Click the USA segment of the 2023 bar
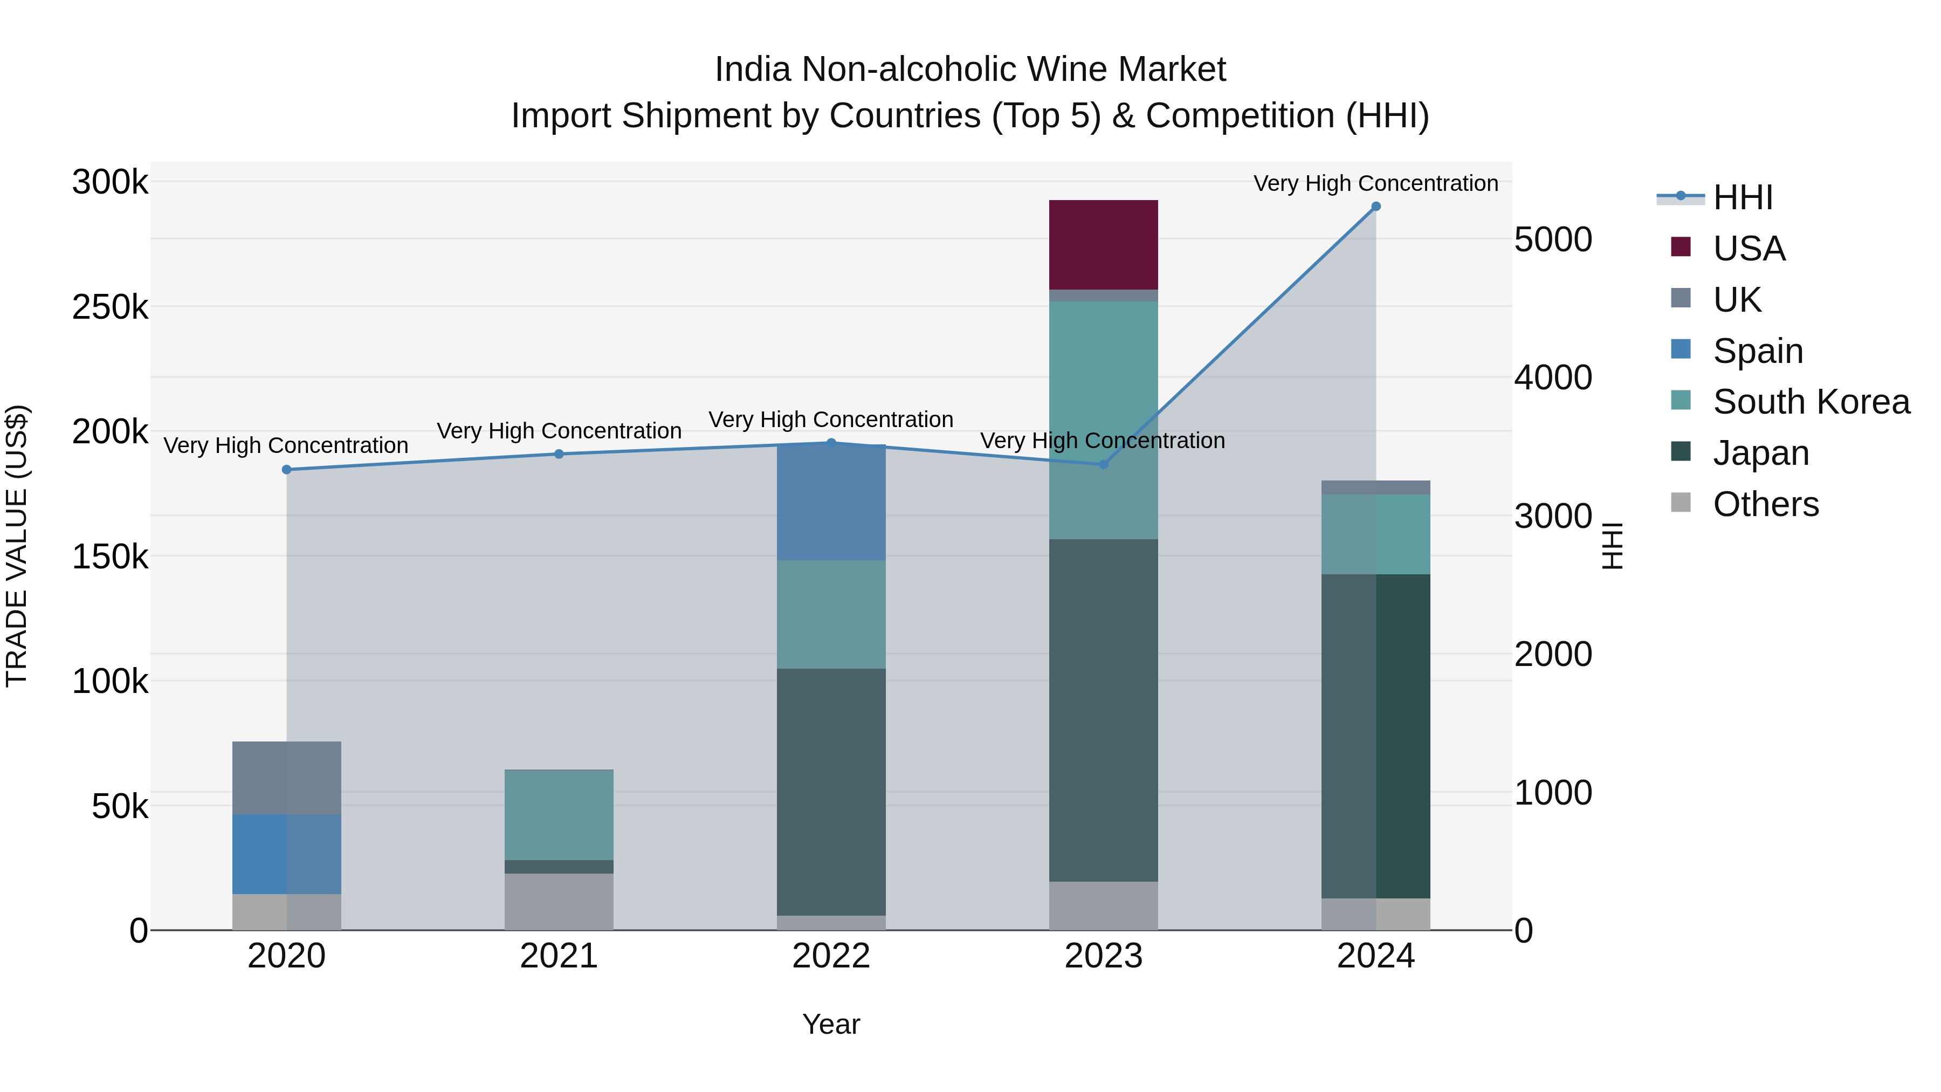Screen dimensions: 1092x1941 click(x=1103, y=245)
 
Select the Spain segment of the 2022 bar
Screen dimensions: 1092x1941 click(x=831, y=503)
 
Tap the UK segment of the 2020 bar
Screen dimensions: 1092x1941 click(x=286, y=778)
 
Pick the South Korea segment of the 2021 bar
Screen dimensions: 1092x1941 click(x=559, y=815)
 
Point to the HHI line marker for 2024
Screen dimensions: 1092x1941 click(x=1376, y=207)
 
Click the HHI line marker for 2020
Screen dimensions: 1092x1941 click(x=286, y=470)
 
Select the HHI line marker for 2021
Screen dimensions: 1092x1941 click(x=559, y=454)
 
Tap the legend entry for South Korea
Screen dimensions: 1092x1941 click(x=1810, y=402)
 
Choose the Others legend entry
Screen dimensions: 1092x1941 click(x=1765, y=504)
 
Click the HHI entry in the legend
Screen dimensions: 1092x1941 click(x=1742, y=197)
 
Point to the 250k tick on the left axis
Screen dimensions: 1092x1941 click(x=110, y=307)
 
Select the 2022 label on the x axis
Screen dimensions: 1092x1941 click(x=831, y=956)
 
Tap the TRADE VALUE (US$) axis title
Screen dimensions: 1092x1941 click(x=17, y=546)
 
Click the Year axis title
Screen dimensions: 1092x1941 click(x=831, y=1024)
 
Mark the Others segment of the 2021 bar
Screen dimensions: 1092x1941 click(x=559, y=901)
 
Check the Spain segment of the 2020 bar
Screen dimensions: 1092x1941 click(x=286, y=854)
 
